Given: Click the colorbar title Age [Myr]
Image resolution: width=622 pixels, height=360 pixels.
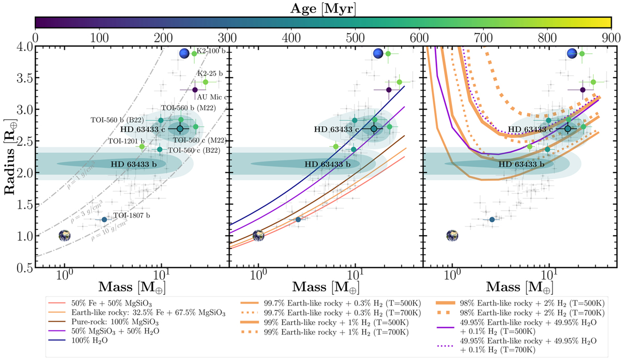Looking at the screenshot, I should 323,8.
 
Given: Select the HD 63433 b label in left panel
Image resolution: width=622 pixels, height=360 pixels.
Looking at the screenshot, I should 135,164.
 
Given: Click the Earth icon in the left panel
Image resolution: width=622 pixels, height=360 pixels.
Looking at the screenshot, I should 64,236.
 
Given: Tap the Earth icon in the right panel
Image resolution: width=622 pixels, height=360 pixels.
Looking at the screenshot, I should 452,236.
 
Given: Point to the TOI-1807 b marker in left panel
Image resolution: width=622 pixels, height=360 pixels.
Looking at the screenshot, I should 104,220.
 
